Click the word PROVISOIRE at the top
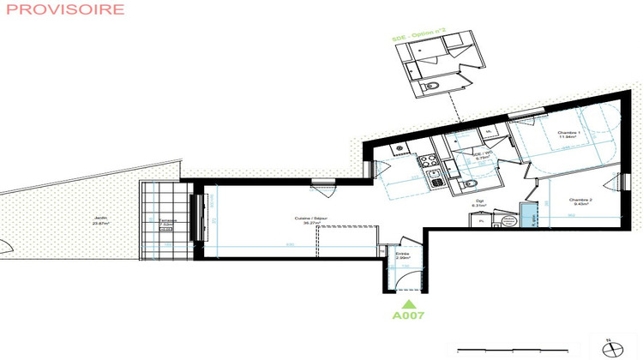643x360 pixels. (63, 9)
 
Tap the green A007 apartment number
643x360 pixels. (409, 315)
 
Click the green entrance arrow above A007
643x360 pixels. (409, 302)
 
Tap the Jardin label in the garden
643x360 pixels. (101, 219)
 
